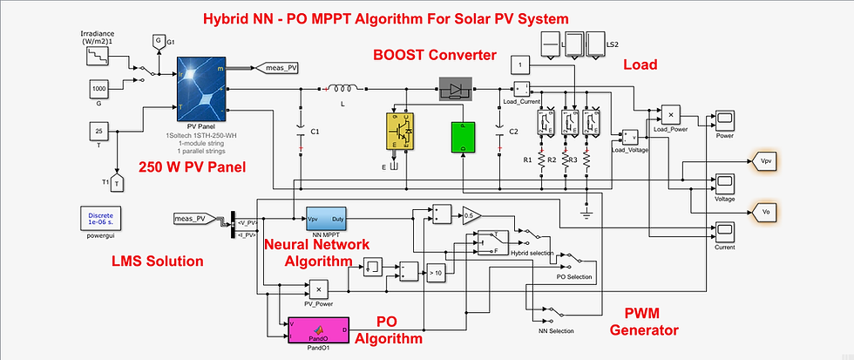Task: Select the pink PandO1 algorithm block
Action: [x=318, y=329]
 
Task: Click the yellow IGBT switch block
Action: [x=402, y=136]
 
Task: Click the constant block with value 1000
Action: [x=98, y=88]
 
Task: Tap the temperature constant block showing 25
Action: [x=98, y=132]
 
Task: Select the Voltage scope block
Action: [x=725, y=182]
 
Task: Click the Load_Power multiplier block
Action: [x=672, y=114]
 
